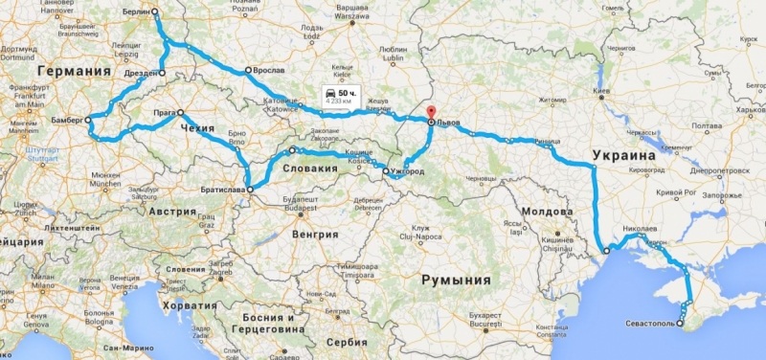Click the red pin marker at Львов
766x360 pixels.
pos(430,112)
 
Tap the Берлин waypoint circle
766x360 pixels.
pos(155,12)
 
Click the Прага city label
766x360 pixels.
pos(164,112)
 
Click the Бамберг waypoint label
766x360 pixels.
pos(63,121)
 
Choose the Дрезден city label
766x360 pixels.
pos(140,73)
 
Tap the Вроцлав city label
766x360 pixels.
pos(269,71)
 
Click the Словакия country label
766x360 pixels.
pos(309,169)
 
